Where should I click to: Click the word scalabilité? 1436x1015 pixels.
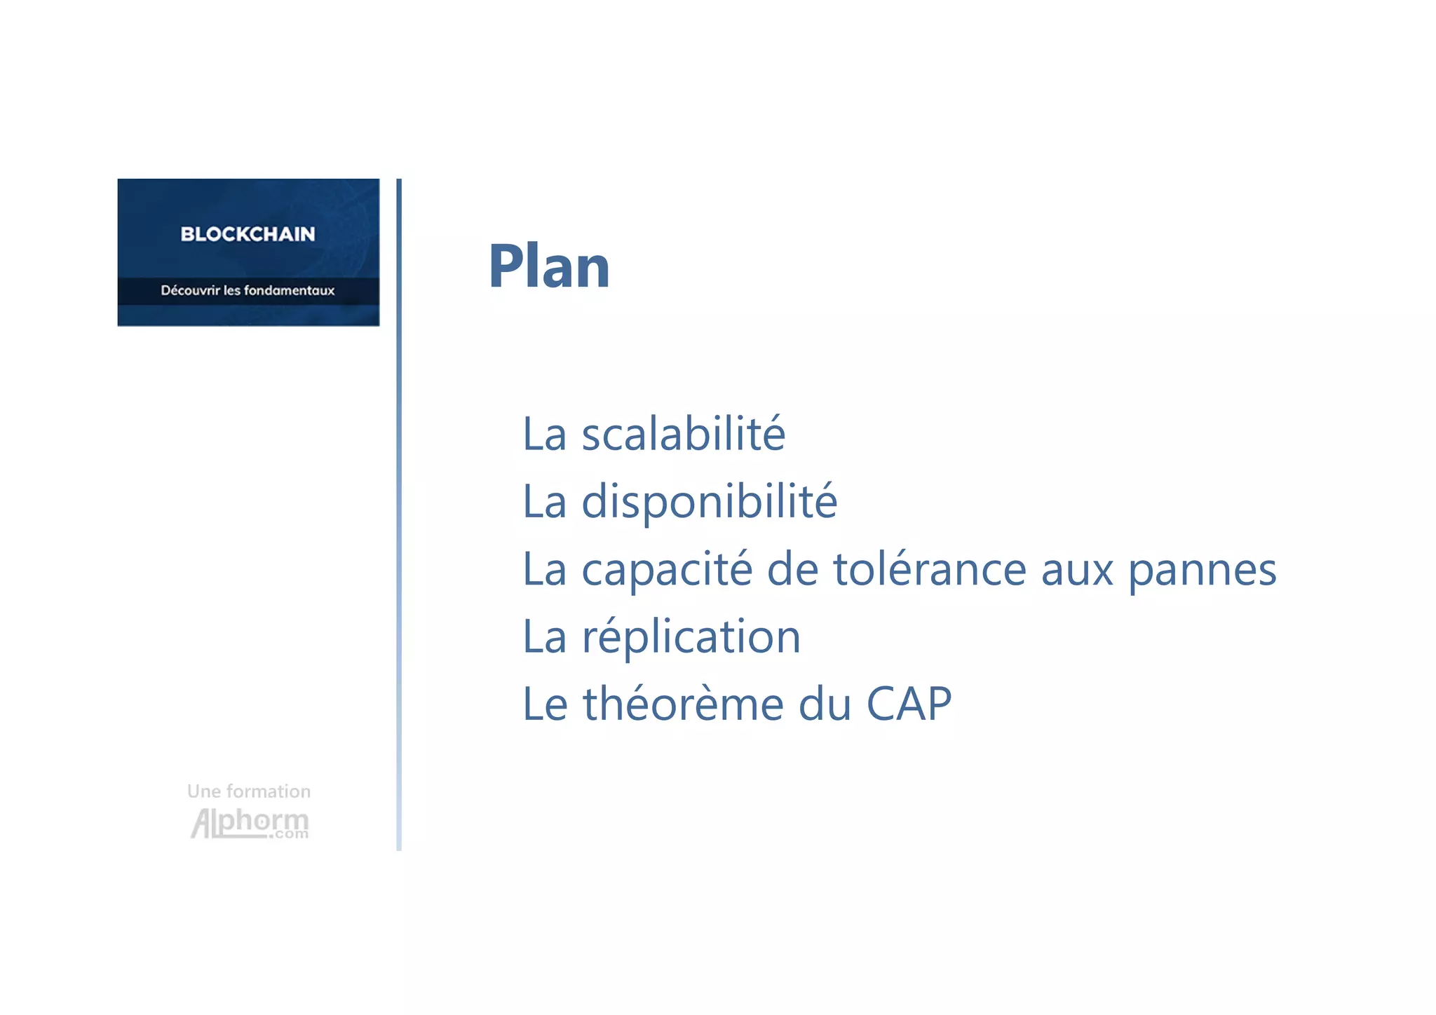[x=683, y=434]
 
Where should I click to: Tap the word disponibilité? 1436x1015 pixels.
[x=709, y=501]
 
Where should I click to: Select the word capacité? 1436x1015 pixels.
[x=666, y=569]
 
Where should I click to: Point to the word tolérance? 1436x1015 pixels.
[x=929, y=568]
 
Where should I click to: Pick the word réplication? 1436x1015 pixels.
[x=691, y=637]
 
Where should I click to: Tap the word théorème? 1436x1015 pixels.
[x=683, y=704]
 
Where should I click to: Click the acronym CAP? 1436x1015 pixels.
[x=909, y=704]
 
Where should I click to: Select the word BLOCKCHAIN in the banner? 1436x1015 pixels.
[x=248, y=234]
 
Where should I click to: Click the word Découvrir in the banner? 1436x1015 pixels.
[x=190, y=290]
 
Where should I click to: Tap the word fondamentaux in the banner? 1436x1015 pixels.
[x=289, y=290]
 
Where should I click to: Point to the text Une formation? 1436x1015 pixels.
[x=249, y=791]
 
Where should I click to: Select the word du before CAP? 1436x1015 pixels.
[x=825, y=704]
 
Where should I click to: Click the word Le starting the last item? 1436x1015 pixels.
[x=545, y=704]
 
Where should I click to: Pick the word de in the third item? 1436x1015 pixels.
[x=792, y=568]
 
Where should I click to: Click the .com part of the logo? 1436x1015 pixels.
[x=289, y=834]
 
